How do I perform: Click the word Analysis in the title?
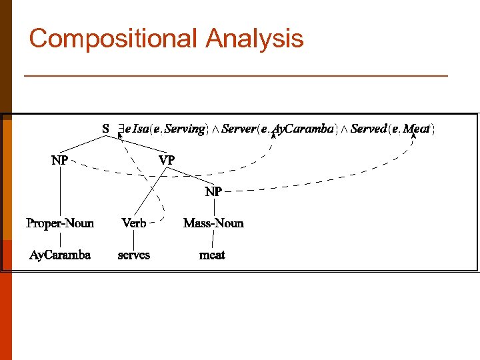point(255,39)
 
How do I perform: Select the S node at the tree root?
point(106,128)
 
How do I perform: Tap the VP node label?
point(167,160)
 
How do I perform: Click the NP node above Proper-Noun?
point(59,160)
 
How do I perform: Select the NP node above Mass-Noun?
point(213,191)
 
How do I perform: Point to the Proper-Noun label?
point(60,223)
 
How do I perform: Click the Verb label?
point(134,223)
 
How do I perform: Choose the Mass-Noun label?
point(213,223)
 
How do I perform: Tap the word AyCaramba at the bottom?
point(60,255)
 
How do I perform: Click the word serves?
point(134,255)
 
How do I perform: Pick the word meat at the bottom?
point(213,255)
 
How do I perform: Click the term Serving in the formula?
point(185,129)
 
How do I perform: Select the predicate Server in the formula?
point(239,129)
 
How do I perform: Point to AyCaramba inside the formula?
point(304,129)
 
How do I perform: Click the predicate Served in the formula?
point(369,129)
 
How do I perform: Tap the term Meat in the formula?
point(417,129)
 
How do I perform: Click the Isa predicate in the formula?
point(141,129)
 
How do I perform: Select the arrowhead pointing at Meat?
point(414,136)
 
